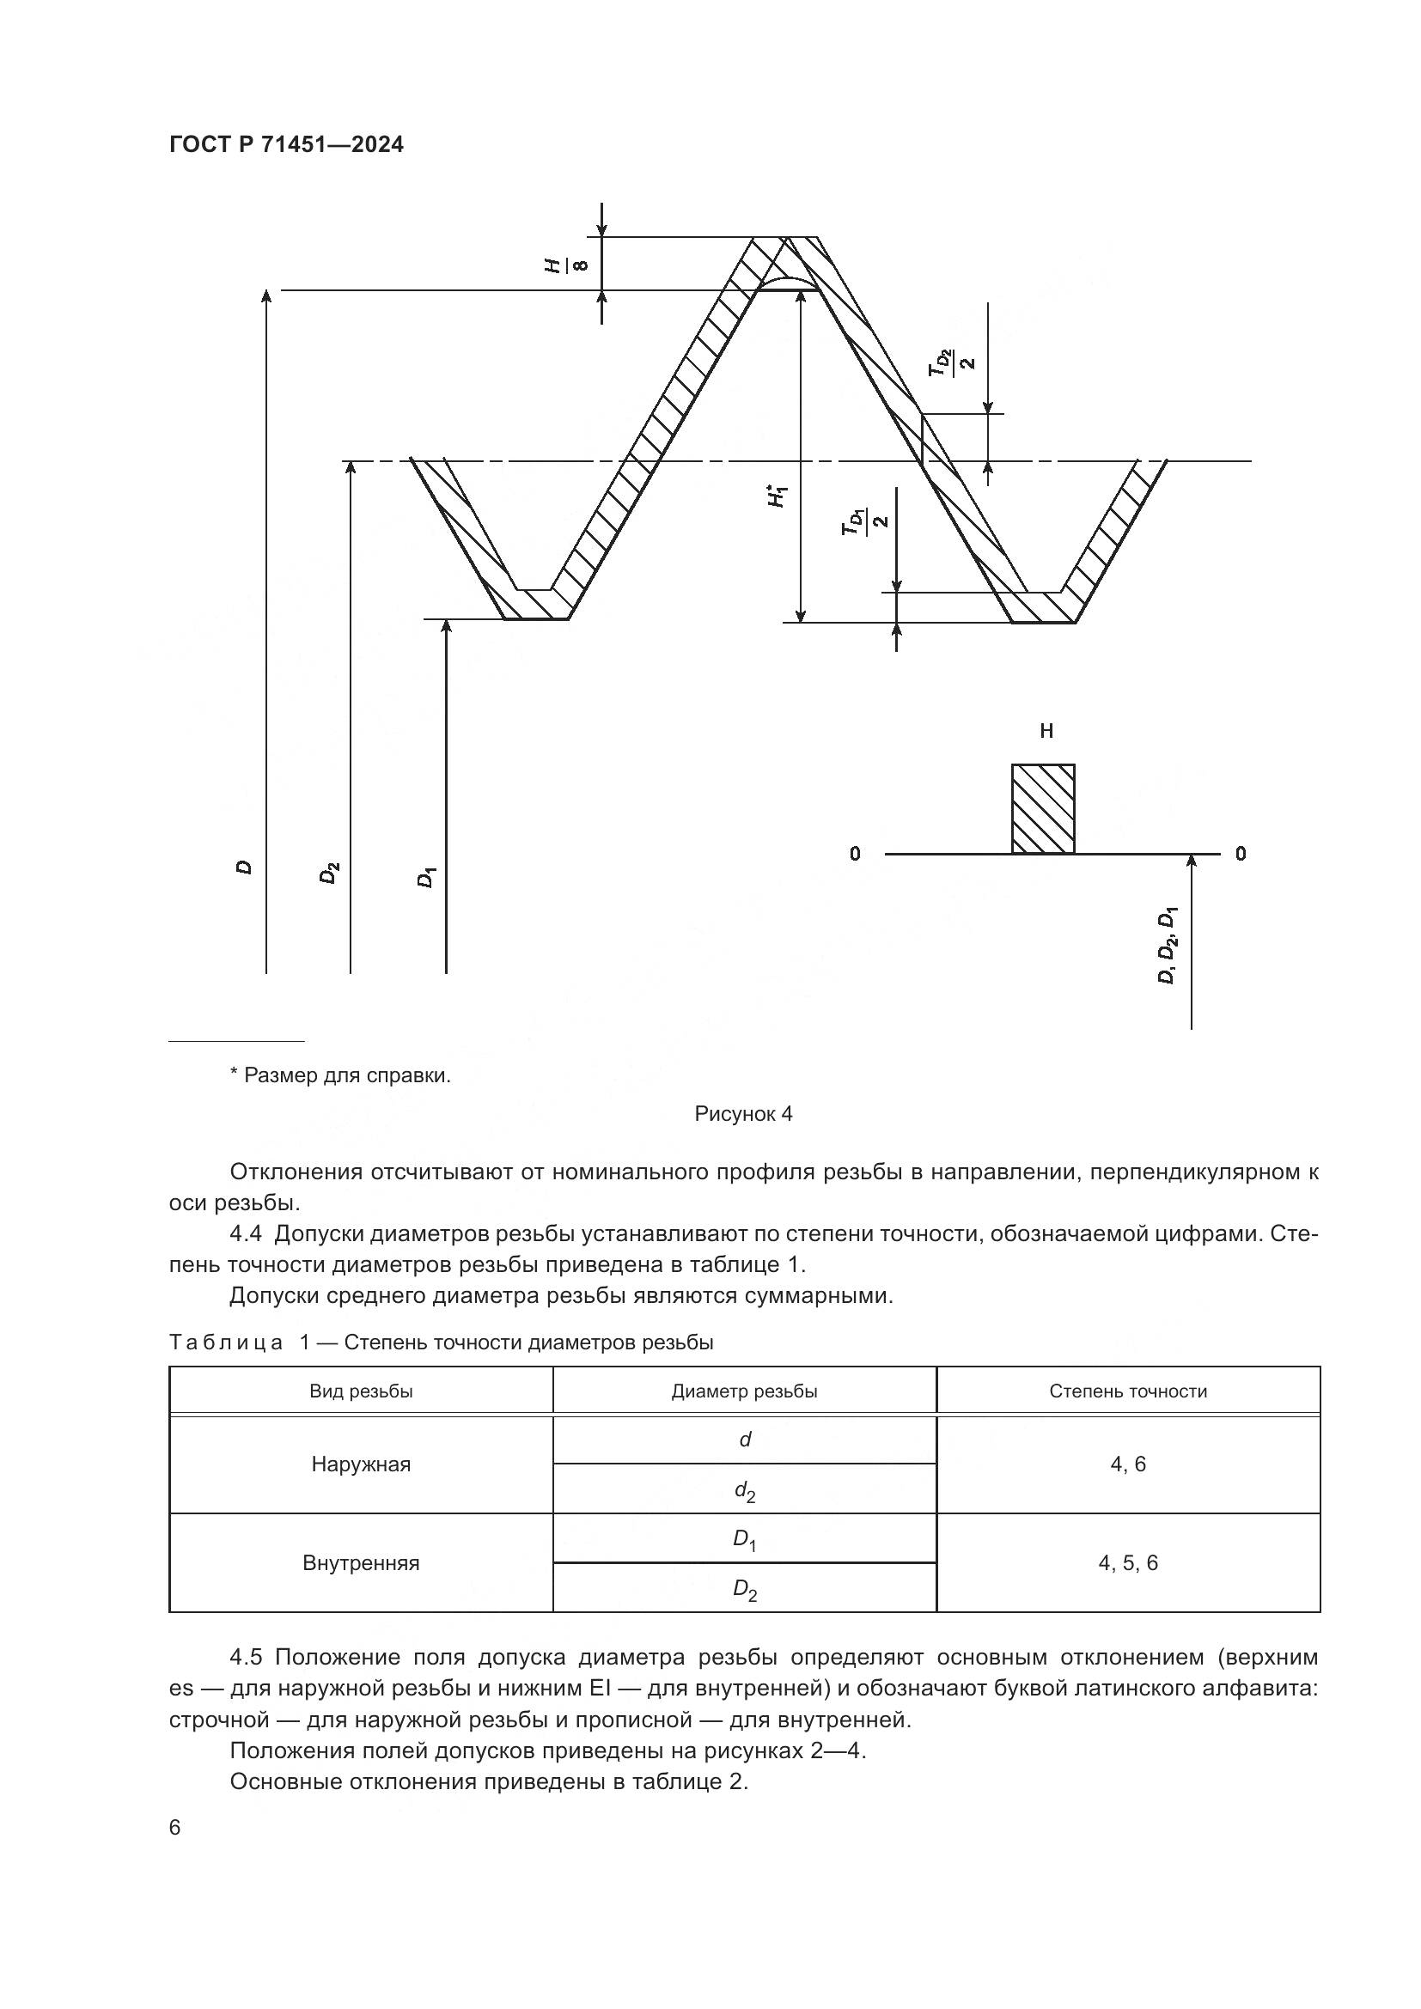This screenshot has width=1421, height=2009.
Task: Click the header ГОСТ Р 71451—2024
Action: pos(286,145)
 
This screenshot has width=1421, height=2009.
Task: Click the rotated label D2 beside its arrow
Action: pos(329,873)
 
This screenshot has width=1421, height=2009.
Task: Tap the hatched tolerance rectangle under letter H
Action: pos(1043,808)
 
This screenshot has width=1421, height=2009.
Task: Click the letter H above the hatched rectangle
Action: pos(1046,732)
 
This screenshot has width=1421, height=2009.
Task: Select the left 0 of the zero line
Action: pos(855,853)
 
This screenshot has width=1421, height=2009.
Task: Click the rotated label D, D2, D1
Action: pos(1168,946)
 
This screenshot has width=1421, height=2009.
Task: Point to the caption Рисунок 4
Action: pos(743,1114)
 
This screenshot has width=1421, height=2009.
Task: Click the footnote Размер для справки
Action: pos(340,1075)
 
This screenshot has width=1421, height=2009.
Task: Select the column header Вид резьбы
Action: pos(361,1391)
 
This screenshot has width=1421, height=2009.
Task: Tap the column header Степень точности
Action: pos(1128,1391)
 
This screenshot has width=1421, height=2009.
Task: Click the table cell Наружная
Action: pos(361,1464)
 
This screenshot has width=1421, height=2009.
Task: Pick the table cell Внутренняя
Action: pos(361,1562)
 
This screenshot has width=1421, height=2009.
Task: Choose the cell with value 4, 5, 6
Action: pos(1128,1562)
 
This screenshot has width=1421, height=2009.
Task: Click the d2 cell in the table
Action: pos(745,1490)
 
